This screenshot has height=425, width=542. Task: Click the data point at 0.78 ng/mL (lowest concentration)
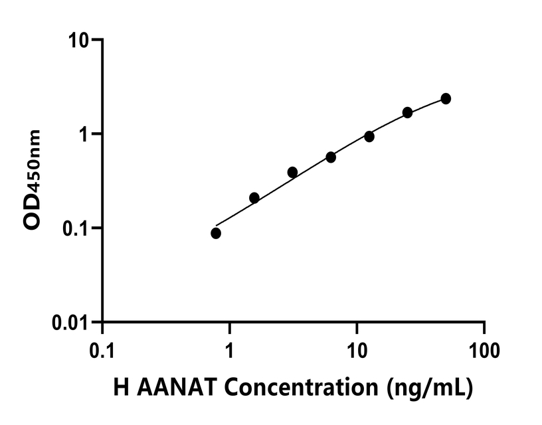(x=216, y=233)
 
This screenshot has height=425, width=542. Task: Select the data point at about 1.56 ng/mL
(x=254, y=198)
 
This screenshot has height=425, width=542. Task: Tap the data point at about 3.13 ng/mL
(x=292, y=173)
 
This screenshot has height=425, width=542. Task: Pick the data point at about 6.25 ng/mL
(x=331, y=157)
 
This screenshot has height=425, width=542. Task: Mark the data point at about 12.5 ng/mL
(x=369, y=136)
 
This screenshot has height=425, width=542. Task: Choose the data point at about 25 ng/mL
(x=408, y=112)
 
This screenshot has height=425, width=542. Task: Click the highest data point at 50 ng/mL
(x=446, y=99)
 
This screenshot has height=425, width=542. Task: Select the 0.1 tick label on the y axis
(x=77, y=228)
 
